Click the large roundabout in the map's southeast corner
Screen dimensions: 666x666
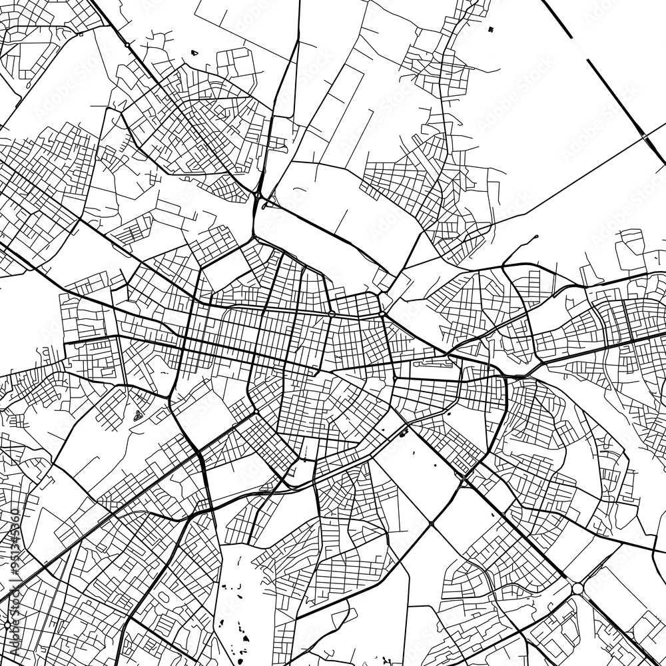pyautogui.click(x=577, y=588)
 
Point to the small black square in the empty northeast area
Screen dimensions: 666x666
pyautogui.click(x=491, y=29)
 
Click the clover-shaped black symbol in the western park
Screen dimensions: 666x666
pyautogui.click(x=138, y=416)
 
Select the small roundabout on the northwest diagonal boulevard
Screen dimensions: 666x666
pyautogui.click(x=127, y=45)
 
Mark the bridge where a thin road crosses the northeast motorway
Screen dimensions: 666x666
pyautogui.click(x=645, y=137)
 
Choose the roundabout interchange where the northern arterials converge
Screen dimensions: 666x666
pyautogui.click(x=257, y=196)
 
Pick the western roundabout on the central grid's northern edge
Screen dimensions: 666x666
pyautogui.click(x=331, y=313)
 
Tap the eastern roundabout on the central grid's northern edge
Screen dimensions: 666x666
pyautogui.click(x=383, y=314)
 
